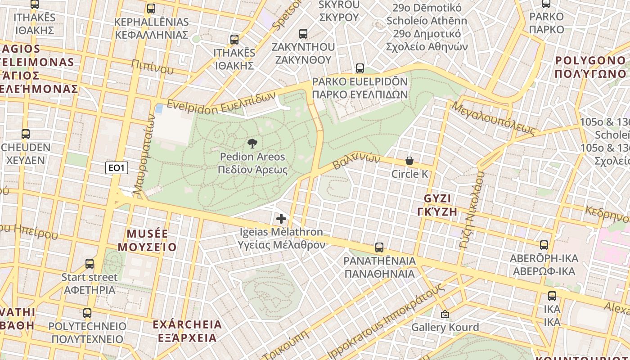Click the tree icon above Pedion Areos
click(252, 144)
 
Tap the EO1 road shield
click(117, 168)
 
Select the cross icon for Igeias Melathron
click(281, 219)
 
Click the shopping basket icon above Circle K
click(409, 161)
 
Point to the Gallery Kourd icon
click(445, 314)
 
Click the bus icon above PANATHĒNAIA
click(379, 247)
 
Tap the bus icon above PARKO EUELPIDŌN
click(360, 68)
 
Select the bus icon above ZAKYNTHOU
click(303, 33)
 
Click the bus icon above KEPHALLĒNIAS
click(151, 8)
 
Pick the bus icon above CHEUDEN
click(26, 134)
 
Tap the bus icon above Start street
click(90, 264)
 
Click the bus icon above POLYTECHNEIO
click(87, 313)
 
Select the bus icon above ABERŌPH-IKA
click(544, 245)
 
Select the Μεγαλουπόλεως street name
click(494, 118)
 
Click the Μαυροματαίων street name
click(145, 156)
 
